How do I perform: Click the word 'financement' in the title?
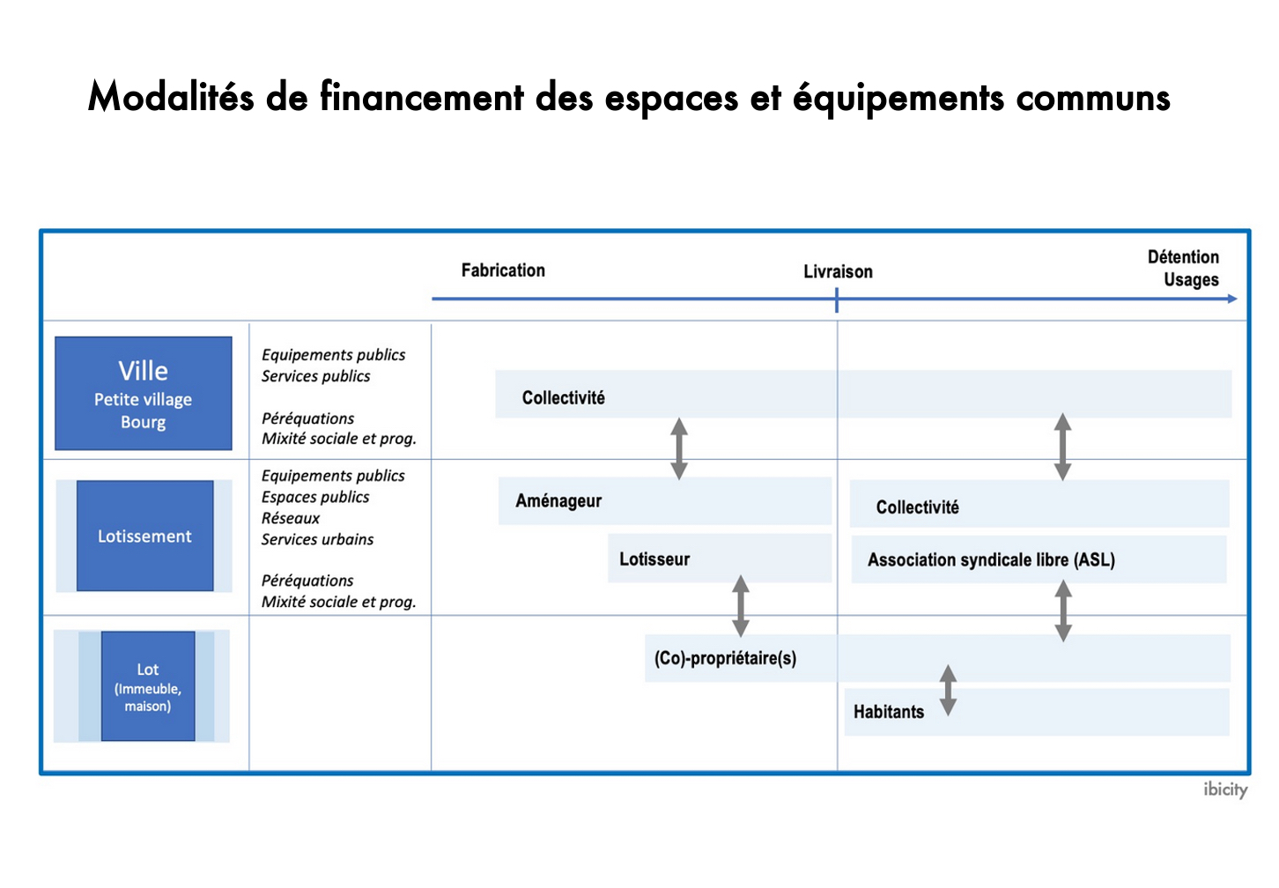point(421,97)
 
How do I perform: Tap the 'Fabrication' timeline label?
point(503,270)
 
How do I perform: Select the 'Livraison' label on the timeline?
point(838,271)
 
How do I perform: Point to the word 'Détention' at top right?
point(1183,257)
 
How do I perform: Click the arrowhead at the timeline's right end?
point(1232,299)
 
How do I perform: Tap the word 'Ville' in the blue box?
point(144,371)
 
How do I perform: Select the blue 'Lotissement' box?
point(145,536)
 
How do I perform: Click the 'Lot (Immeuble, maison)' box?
point(148,686)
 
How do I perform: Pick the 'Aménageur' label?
point(558,500)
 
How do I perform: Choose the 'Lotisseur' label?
point(654,559)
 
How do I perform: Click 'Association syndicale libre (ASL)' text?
point(991,559)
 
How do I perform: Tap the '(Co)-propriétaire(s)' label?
point(725,658)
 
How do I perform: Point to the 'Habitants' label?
point(889,712)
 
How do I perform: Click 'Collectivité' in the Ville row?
point(563,397)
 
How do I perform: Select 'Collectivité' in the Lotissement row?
point(917,507)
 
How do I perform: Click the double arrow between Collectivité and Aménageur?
point(679,448)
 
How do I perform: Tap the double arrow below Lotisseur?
point(741,606)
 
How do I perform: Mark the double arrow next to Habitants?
point(948,690)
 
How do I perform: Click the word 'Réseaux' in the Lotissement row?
point(291,518)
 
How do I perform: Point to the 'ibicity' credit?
point(1225,790)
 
